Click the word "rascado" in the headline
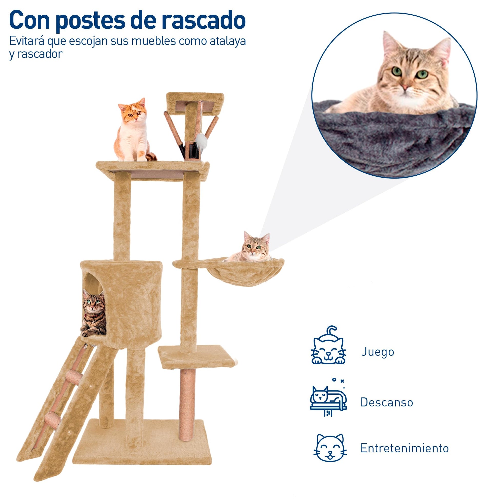(x=203, y=21)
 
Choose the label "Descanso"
(x=387, y=402)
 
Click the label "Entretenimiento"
(x=404, y=448)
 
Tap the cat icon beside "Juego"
(x=328, y=345)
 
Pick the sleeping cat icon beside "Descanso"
(x=328, y=398)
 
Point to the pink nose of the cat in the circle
(x=405, y=87)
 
